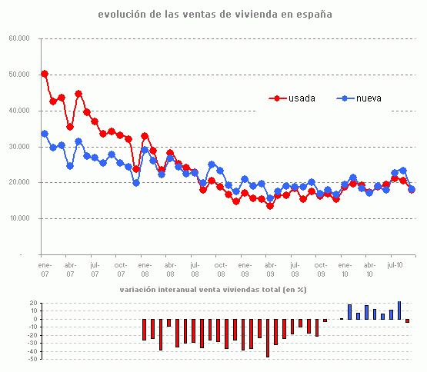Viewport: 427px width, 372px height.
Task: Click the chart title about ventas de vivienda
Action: tap(215, 15)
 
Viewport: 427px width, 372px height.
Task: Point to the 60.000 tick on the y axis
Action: tap(19, 38)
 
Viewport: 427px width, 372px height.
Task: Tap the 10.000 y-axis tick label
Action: tap(19, 218)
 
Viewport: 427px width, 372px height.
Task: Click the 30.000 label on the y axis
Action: tap(19, 147)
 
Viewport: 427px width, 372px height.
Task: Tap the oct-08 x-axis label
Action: tap(220, 269)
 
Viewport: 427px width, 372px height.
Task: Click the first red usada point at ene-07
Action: tap(45, 74)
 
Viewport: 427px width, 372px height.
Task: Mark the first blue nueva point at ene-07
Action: tap(45, 134)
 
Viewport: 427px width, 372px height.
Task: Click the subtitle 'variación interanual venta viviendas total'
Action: tap(213, 290)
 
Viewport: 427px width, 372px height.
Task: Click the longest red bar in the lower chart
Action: tap(268, 337)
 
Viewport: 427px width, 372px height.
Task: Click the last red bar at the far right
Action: tap(408, 321)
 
